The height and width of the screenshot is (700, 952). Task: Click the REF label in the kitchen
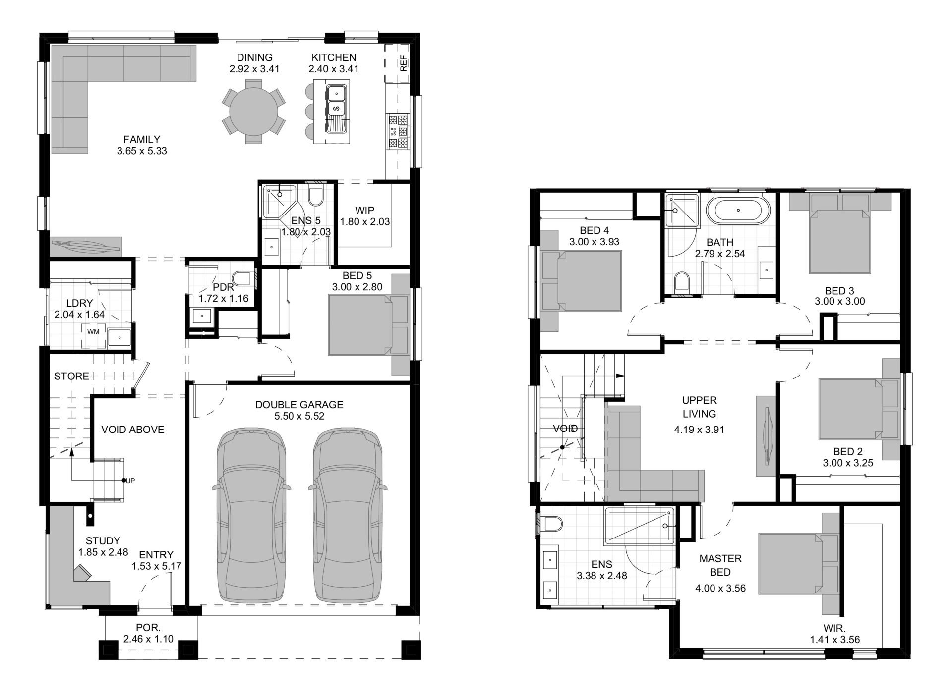coord(403,63)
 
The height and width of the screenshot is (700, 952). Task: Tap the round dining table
coord(253,115)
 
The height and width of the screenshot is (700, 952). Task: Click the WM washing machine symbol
coord(93,331)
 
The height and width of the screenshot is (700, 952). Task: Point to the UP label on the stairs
coord(130,481)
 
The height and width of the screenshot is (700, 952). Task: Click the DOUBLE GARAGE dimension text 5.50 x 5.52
coord(299,416)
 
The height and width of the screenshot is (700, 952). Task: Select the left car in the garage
coord(251,515)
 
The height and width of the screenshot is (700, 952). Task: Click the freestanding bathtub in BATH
coord(738,211)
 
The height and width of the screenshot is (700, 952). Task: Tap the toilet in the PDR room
coord(243,278)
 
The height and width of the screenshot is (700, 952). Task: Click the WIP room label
coord(364,210)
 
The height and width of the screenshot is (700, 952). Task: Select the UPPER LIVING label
coord(699,407)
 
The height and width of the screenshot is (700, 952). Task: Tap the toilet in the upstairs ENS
coord(552,524)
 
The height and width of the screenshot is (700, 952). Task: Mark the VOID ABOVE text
coord(132,430)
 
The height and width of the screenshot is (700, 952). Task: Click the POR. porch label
coord(148,627)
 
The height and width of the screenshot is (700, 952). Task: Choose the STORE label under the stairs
coord(71,377)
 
